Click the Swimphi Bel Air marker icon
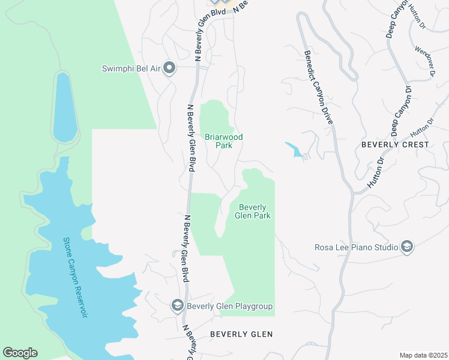point(169,68)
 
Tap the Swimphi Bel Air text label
point(131,68)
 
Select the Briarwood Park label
point(224,141)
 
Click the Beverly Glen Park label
point(253,211)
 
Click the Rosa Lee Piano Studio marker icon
point(407,247)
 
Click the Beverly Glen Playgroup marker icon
point(178,306)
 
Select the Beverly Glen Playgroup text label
point(230,307)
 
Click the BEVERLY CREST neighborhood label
point(395,145)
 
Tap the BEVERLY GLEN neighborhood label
point(241,334)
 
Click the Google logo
point(20,353)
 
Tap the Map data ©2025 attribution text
point(423,355)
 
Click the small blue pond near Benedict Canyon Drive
point(294,149)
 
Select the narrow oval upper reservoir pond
point(64,107)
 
